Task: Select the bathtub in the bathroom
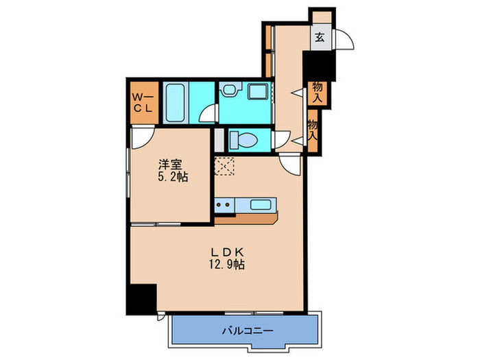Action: pos(175,102)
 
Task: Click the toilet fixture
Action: pos(243,140)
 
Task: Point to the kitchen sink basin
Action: pos(261,204)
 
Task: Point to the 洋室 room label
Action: pos(171,165)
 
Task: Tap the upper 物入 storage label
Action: pos(317,93)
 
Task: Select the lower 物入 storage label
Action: pos(313,130)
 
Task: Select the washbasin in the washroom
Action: pos(259,92)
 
